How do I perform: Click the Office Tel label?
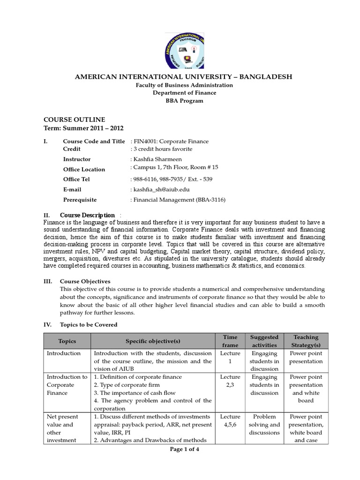[76, 180]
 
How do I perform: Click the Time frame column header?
[230, 341]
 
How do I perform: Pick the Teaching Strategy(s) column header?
[306, 341]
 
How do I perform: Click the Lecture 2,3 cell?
[230, 381]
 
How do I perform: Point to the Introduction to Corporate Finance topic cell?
[66, 385]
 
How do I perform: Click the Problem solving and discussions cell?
[265, 424]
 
